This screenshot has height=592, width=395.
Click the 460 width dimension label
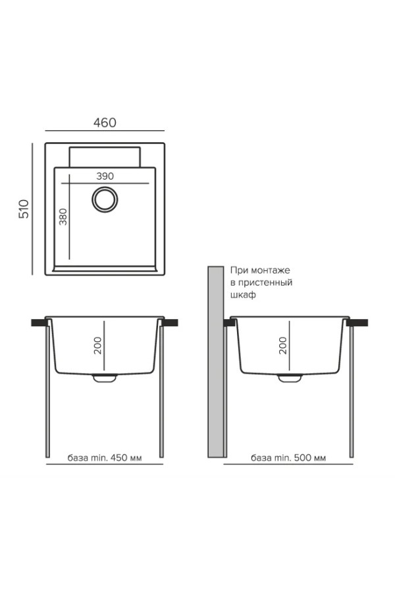coord(105,123)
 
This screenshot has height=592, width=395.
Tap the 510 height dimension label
coord(24,209)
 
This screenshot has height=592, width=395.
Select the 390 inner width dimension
coord(105,176)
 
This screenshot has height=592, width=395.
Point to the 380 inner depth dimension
coord(63,216)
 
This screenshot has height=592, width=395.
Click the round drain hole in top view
coord(105,199)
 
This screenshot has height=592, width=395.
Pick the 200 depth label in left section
coord(98,345)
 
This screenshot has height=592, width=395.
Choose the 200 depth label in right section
coord(283,345)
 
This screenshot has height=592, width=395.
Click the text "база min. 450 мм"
coord(105,458)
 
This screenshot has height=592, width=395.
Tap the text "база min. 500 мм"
coord(288,458)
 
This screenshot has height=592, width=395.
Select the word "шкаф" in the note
coord(243,295)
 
